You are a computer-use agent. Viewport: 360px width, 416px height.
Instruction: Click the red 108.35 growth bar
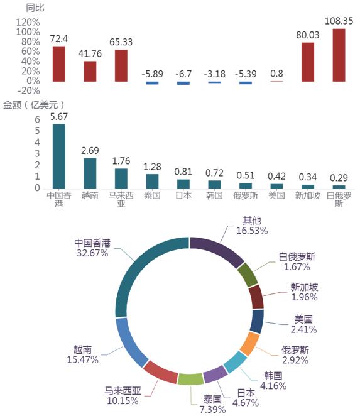click(339, 55)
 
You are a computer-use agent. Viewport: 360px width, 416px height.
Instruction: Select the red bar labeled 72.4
click(59, 63)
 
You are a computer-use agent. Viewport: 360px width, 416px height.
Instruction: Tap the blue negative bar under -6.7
click(183, 83)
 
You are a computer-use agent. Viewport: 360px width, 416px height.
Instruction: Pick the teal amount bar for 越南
click(90, 173)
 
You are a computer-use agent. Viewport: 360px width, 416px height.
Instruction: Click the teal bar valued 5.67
click(59, 156)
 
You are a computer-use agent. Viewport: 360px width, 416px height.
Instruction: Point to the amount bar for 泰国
click(152, 181)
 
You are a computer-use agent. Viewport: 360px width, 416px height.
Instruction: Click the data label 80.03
click(308, 35)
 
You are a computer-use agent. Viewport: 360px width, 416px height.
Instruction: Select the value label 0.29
click(339, 178)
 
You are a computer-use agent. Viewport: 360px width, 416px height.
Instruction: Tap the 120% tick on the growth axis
click(28, 22)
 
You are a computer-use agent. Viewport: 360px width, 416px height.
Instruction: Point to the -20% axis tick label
click(29, 90)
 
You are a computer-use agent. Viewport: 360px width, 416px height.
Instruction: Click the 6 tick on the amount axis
click(38, 119)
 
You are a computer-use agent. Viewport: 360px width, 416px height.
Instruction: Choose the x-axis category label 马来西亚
click(121, 199)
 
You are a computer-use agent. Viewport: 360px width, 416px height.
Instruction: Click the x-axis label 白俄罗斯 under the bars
click(339, 199)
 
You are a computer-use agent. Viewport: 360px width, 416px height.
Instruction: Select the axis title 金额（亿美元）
click(34, 105)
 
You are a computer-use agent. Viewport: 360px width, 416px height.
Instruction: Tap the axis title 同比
click(35, 8)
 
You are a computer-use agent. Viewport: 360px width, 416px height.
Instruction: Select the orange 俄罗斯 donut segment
click(249, 344)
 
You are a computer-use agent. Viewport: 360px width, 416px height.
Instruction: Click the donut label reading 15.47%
click(83, 359)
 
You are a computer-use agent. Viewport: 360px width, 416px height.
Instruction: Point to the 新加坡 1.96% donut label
click(304, 292)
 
